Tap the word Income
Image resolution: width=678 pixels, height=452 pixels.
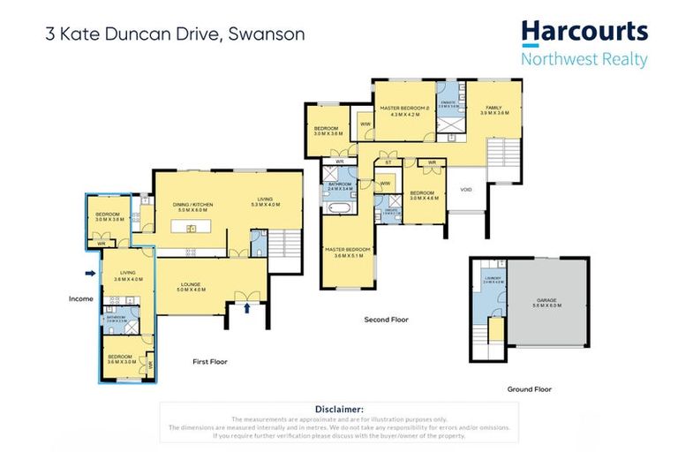point(81,298)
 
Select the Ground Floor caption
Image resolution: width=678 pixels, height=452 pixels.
point(530,388)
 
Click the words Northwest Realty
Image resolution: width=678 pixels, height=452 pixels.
point(584,60)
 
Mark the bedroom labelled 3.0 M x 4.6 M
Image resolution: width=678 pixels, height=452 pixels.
point(424,195)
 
